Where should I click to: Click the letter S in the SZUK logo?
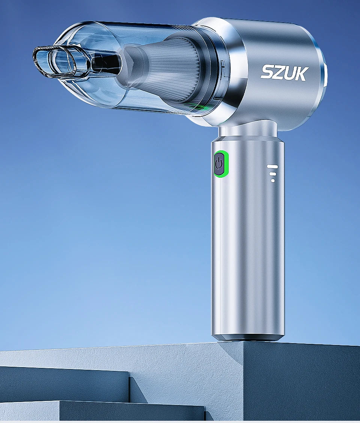pyautogui.click(x=268, y=73)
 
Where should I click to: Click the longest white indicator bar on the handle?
pyautogui.click(x=273, y=166)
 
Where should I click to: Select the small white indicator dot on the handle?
pyautogui.click(x=273, y=180)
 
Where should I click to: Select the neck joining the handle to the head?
pyautogui.click(x=246, y=131)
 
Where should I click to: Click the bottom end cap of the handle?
pyautogui.click(x=248, y=336)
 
